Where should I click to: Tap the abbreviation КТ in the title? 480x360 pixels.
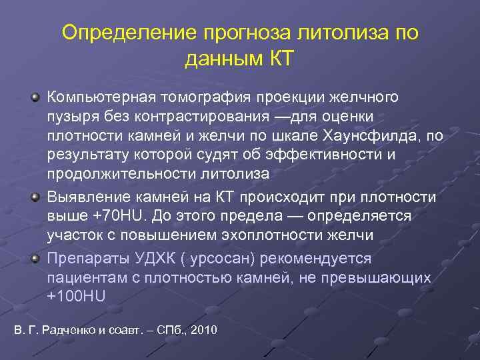tap(277, 59)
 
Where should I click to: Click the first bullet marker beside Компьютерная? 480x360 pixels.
tap(35, 98)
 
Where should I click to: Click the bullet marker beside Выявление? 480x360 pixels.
tap(35, 198)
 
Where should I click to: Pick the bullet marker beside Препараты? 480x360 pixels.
tap(35, 258)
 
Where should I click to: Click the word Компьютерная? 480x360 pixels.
tap(101, 97)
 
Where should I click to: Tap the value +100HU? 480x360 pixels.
tap(76, 296)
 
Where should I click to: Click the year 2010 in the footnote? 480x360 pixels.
tap(203, 331)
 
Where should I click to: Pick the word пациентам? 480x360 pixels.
tap(85, 277)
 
